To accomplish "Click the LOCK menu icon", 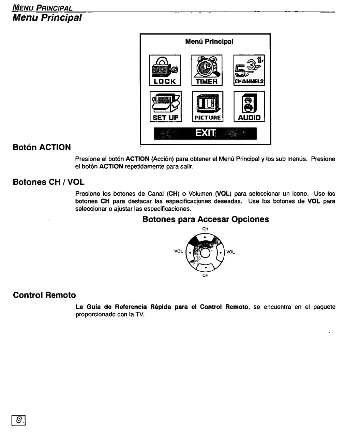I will pos(165,70).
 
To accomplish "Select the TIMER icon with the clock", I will pos(207,70).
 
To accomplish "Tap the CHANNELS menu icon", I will pos(249,70).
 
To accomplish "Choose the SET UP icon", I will pos(165,107).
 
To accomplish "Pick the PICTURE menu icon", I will pos(208,107).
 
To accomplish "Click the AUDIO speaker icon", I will pos(249,107).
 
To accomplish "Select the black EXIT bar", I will pos(205,133).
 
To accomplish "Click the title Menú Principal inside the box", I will pos(209,42).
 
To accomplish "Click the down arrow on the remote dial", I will pos(205,268).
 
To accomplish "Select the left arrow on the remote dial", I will pos(190,253).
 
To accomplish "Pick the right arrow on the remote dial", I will pos(221,253).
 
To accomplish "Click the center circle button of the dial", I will pos(205,253).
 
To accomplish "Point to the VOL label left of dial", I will pos(179,251).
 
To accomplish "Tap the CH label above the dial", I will pos(205,229).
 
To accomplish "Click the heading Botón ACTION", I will pos(42,147).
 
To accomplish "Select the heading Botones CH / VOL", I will pos(48,182).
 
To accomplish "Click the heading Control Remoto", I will pos(44,295).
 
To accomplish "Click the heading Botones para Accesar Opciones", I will pos(206,219).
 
